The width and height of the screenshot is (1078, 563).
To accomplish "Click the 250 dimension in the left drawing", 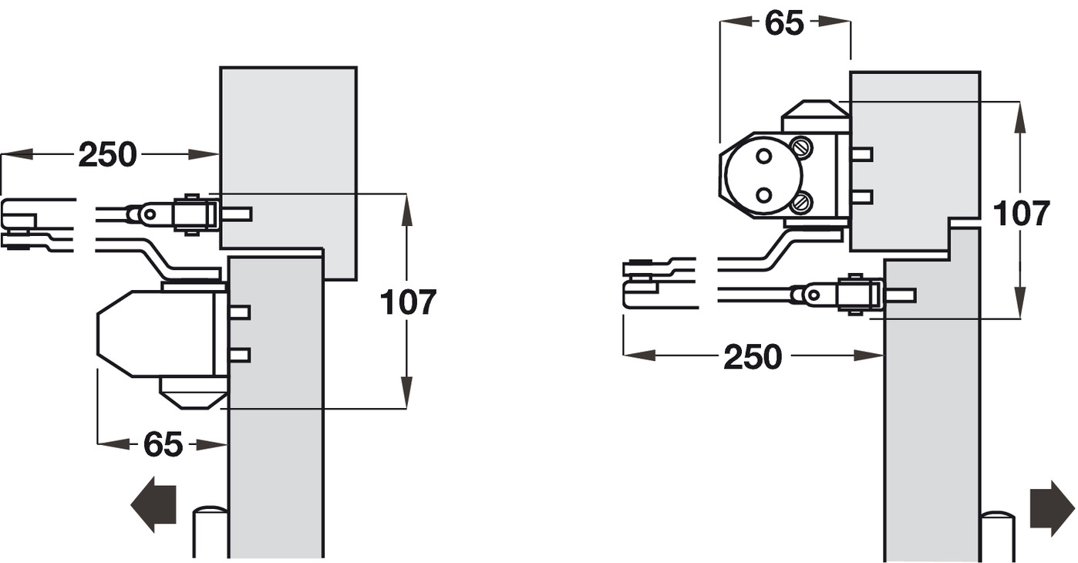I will click(107, 155).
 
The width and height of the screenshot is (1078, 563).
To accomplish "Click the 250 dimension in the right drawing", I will click(752, 356).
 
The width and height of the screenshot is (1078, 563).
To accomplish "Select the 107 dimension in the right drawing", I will click(1021, 213).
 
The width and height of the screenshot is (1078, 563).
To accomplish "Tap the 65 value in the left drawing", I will click(163, 445).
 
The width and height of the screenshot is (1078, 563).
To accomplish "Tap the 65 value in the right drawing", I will click(784, 24).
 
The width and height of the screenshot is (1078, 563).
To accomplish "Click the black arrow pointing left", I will click(154, 504).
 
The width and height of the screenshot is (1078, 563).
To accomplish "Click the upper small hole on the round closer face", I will click(763, 156).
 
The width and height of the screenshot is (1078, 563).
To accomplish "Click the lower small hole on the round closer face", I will click(763, 194).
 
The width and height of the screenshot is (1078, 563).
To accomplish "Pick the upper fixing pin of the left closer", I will click(241, 312).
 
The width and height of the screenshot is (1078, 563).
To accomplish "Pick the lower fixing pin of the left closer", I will click(241, 355).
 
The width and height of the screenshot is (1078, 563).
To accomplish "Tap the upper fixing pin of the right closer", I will click(861, 154).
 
